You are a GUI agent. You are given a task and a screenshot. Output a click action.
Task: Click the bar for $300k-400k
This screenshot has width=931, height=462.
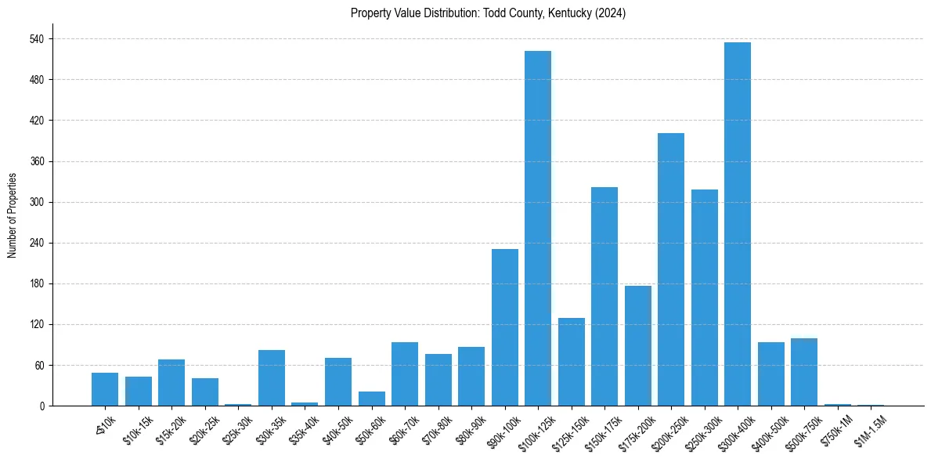point(738,224)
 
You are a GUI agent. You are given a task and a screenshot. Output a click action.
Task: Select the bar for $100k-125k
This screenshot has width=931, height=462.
point(538,229)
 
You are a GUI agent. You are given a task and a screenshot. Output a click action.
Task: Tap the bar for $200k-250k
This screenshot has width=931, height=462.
point(671,269)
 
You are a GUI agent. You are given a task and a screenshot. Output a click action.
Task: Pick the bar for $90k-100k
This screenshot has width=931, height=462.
point(505,327)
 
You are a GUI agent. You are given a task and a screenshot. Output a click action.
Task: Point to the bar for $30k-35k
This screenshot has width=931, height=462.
point(272,378)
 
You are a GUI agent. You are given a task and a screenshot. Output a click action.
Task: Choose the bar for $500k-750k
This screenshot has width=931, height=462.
point(804,372)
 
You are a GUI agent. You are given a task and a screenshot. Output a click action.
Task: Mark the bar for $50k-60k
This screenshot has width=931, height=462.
point(372,399)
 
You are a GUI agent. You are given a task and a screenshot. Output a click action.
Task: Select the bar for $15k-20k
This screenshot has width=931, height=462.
point(171,383)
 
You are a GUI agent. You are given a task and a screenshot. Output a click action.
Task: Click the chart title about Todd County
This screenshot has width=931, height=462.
point(488,13)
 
